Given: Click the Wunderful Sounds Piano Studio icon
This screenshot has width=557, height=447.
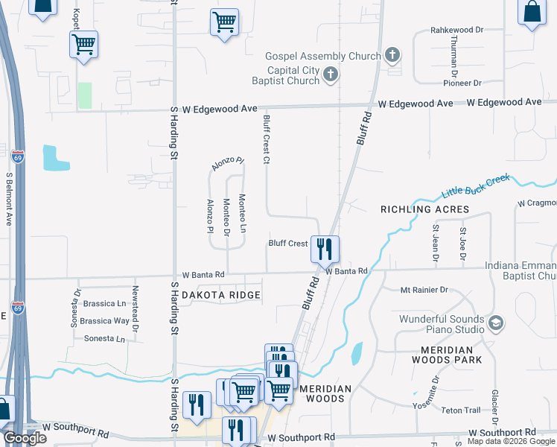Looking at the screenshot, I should coord(497,323).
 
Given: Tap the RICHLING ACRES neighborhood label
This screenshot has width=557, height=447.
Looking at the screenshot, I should coord(425,209).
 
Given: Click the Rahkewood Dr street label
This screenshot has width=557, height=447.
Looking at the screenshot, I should coord(457,31).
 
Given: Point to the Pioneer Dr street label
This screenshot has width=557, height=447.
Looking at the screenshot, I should coord(462,83).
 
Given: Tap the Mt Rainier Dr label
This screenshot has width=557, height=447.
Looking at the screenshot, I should coord(424,290).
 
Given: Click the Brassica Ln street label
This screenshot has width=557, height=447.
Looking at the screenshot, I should coord(103,304).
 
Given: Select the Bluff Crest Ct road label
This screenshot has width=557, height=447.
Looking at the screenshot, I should coord(265,139).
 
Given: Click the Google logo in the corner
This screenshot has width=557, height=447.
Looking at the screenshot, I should coord(24,438).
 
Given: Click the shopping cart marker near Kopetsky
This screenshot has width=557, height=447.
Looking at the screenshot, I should coord(83,44).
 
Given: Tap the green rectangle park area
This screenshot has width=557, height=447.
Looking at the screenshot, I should coord(85,95).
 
